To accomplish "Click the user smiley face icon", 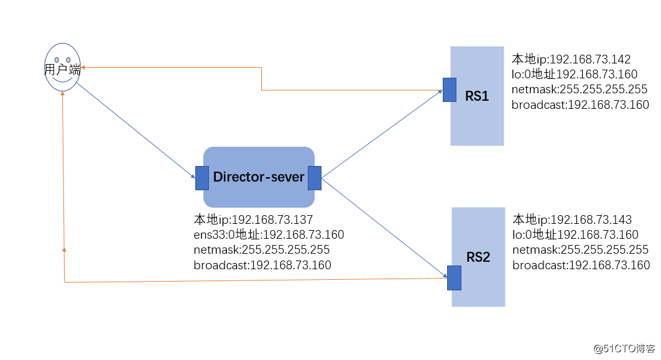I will (63, 67).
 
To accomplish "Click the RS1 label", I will (477, 96).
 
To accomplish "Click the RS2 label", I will (478, 257).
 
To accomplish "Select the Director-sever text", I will (259, 177).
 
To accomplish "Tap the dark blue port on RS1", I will (450, 90).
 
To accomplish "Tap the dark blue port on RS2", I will (454, 277).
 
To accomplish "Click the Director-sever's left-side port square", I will (202, 178).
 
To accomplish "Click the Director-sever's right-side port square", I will (314, 178).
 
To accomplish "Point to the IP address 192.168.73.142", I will (591, 60).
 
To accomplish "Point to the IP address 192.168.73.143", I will (591, 220).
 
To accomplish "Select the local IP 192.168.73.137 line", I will (253, 220).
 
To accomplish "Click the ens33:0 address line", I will (269, 235).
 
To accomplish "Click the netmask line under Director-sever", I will (262, 250).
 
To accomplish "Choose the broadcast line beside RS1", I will (580, 105).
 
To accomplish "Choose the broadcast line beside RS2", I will (581, 265).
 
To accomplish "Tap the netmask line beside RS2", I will (580, 250).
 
